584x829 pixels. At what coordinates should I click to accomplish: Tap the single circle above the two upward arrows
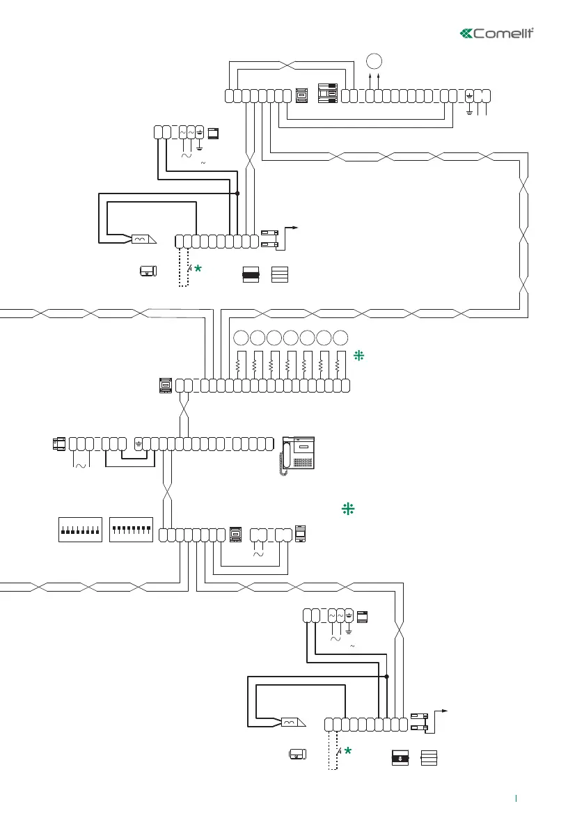click(x=374, y=59)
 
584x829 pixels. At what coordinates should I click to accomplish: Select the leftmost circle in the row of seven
click(x=240, y=338)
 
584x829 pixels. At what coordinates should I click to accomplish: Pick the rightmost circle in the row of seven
click(x=340, y=338)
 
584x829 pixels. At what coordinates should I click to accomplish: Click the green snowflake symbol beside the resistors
click(x=359, y=355)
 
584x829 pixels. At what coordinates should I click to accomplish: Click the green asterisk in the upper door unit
click(x=198, y=269)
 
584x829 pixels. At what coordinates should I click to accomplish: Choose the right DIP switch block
click(x=132, y=530)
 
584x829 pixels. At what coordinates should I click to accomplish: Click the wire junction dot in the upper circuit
click(x=237, y=194)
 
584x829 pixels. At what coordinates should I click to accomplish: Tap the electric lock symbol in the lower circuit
click(x=292, y=723)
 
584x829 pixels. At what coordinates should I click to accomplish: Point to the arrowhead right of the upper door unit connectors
click(x=297, y=227)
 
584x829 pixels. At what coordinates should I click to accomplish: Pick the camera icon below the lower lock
click(x=297, y=753)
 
